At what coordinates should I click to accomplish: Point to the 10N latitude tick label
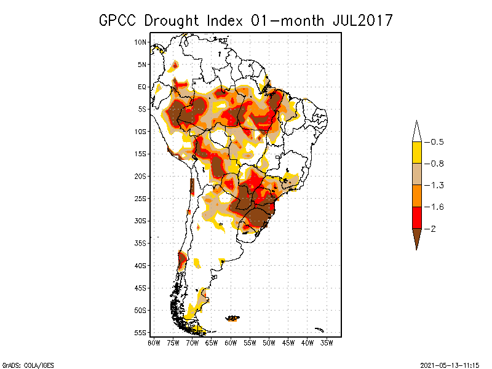pyautogui.click(x=141, y=42)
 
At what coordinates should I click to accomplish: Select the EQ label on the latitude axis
pyautogui.click(x=142, y=87)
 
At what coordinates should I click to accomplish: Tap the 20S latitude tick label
pyautogui.click(x=141, y=176)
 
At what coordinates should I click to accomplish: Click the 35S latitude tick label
pyautogui.click(x=141, y=243)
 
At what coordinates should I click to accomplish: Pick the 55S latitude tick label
pyautogui.click(x=141, y=332)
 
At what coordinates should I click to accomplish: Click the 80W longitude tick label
pyautogui.click(x=154, y=342)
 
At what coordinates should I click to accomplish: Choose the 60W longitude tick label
pyautogui.click(x=231, y=342)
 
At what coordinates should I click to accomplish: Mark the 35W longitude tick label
pyautogui.click(x=327, y=342)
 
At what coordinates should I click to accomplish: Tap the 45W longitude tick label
pyautogui.click(x=288, y=342)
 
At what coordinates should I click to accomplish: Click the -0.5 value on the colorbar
pyautogui.click(x=437, y=142)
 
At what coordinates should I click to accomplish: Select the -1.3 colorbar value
pyautogui.click(x=437, y=185)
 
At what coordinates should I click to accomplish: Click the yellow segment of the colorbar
pyautogui.click(x=416, y=153)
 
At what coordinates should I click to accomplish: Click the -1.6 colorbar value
pyautogui.click(x=437, y=207)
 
